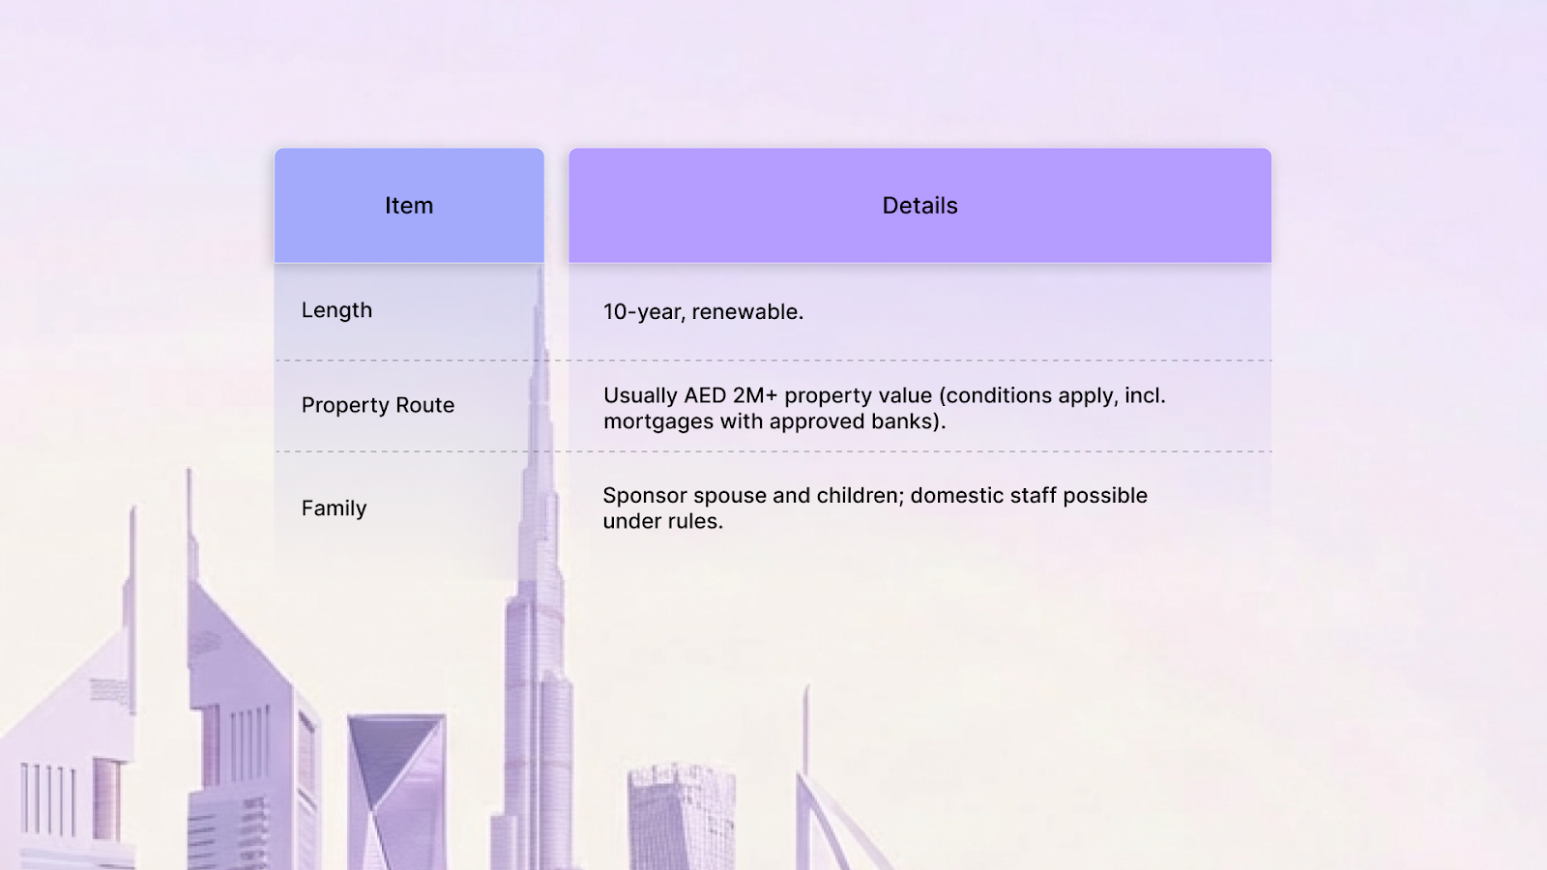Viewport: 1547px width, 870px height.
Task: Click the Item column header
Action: (x=409, y=206)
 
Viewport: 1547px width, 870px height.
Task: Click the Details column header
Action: (x=919, y=206)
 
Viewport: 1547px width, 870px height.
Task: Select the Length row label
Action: (x=336, y=310)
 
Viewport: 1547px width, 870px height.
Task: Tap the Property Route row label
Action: (x=377, y=405)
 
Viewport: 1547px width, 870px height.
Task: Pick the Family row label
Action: (x=334, y=508)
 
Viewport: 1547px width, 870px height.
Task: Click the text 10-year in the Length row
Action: (x=644, y=312)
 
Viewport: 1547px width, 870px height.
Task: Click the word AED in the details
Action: (x=705, y=395)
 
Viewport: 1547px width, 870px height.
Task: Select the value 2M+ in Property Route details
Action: (x=755, y=395)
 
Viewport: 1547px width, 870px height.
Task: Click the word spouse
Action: (x=730, y=496)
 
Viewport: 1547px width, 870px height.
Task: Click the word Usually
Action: (x=640, y=395)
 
